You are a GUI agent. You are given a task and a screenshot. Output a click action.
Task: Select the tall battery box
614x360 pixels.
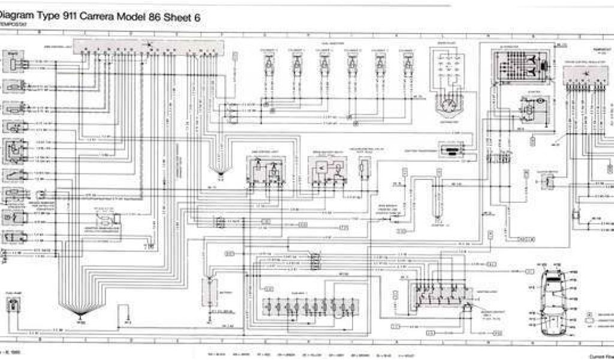(209, 293)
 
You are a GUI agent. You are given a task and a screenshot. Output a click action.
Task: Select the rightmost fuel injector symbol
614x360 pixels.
(408, 60)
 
